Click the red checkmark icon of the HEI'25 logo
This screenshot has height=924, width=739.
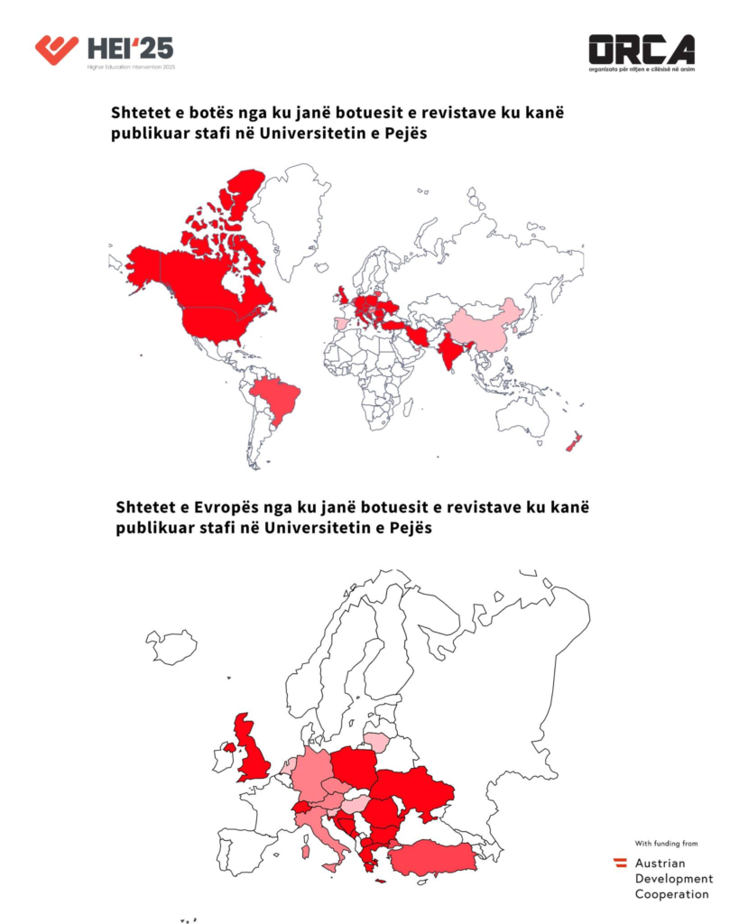[x=56, y=48]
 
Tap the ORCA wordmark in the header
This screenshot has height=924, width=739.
[x=642, y=49]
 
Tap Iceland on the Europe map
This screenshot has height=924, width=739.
[x=171, y=646]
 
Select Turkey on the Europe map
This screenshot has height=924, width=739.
[x=433, y=857]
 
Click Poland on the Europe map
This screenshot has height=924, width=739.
[x=359, y=768]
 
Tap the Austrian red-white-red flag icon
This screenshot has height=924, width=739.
[x=621, y=863]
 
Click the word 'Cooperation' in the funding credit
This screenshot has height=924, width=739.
[x=671, y=894]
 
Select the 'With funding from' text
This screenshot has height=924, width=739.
[x=666, y=844]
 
